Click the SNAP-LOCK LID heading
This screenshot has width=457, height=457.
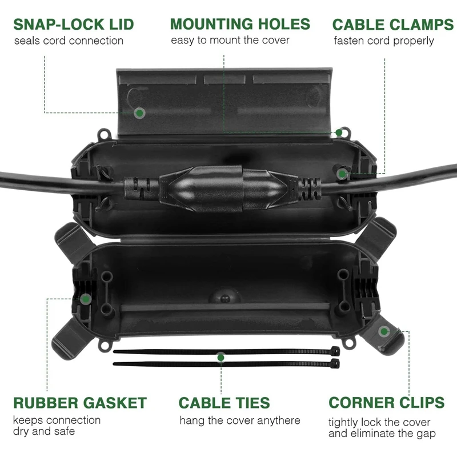[74, 25]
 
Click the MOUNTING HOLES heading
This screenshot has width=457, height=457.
[240, 24]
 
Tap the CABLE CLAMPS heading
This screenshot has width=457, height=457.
[393, 25]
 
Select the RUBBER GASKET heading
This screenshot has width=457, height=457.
[80, 403]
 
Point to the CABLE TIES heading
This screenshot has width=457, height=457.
[225, 403]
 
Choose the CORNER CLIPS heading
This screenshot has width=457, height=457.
[387, 402]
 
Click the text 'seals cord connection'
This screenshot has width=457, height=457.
[69, 41]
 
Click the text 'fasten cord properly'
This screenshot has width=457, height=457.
[384, 41]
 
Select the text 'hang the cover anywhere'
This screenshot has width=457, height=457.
[240, 420]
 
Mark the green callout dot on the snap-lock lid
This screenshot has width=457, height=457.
[139, 113]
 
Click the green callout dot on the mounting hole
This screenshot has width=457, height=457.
[339, 133]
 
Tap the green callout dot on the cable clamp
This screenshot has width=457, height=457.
[342, 173]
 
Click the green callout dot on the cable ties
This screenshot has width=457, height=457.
[221, 357]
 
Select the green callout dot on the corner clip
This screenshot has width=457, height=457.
[384, 331]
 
